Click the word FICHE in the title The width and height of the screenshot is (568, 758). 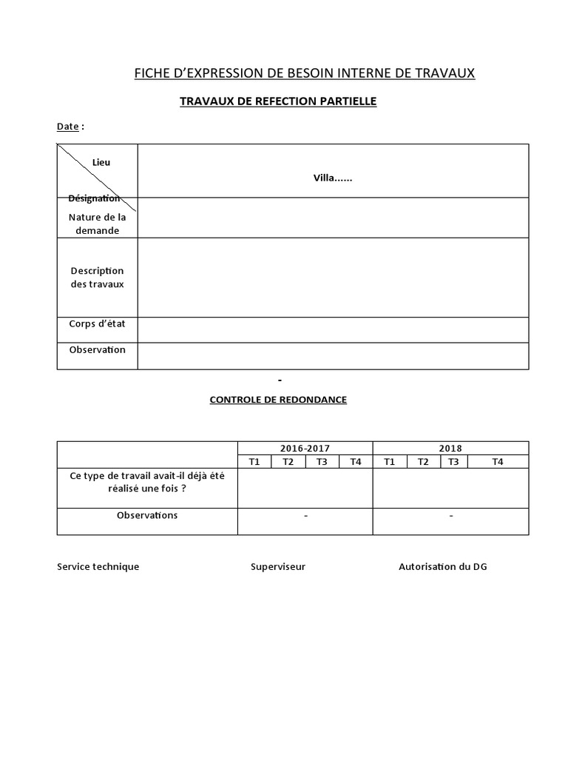[x=151, y=73]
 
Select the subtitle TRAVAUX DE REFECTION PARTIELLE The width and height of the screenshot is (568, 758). [x=278, y=101]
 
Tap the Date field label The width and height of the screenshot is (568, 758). [x=68, y=127]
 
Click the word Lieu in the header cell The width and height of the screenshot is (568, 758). [x=101, y=162]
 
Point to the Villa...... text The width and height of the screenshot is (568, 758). [x=333, y=178]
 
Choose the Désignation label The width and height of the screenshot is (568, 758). [x=94, y=198]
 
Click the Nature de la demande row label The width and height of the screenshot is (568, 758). [x=97, y=224]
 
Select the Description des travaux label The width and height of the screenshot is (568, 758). [x=97, y=278]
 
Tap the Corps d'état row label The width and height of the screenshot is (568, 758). [x=97, y=323]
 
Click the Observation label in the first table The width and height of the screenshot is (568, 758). [x=97, y=349]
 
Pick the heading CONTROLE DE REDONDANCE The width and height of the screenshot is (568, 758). [x=278, y=400]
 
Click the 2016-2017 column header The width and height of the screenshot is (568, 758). [x=305, y=448]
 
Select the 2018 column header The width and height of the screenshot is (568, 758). [x=450, y=448]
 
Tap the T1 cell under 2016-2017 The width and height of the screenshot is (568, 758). [x=254, y=462]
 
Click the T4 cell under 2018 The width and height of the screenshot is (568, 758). [x=497, y=462]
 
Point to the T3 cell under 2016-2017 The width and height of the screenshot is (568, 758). [x=322, y=462]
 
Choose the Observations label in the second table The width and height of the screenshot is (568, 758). [x=147, y=515]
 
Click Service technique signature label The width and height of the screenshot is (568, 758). [x=98, y=567]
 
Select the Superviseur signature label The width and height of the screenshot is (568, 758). [x=278, y=567]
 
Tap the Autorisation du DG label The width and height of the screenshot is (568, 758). [x=443, y=567]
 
